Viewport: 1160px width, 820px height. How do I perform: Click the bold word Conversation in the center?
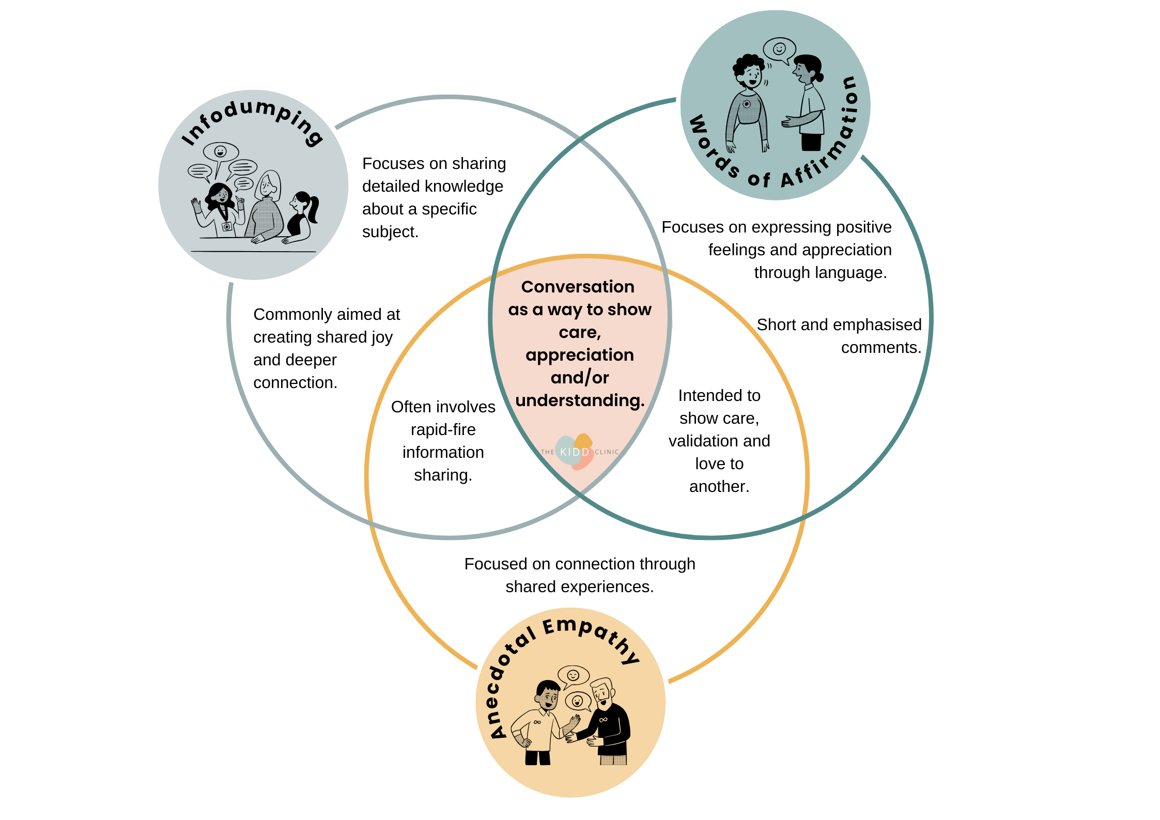[578, 287]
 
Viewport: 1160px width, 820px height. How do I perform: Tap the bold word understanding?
[580, 400]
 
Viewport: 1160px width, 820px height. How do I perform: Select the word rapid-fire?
[443, 429]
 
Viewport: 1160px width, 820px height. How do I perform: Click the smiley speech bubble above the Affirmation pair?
[779, 49]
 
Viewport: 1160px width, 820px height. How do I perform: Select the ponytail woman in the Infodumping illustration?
[302, 217]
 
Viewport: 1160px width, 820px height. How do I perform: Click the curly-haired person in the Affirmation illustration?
[748, 103]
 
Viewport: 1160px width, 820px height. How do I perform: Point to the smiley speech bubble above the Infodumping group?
[221, 151]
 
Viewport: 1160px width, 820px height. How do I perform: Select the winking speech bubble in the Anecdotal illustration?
[574, 675]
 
